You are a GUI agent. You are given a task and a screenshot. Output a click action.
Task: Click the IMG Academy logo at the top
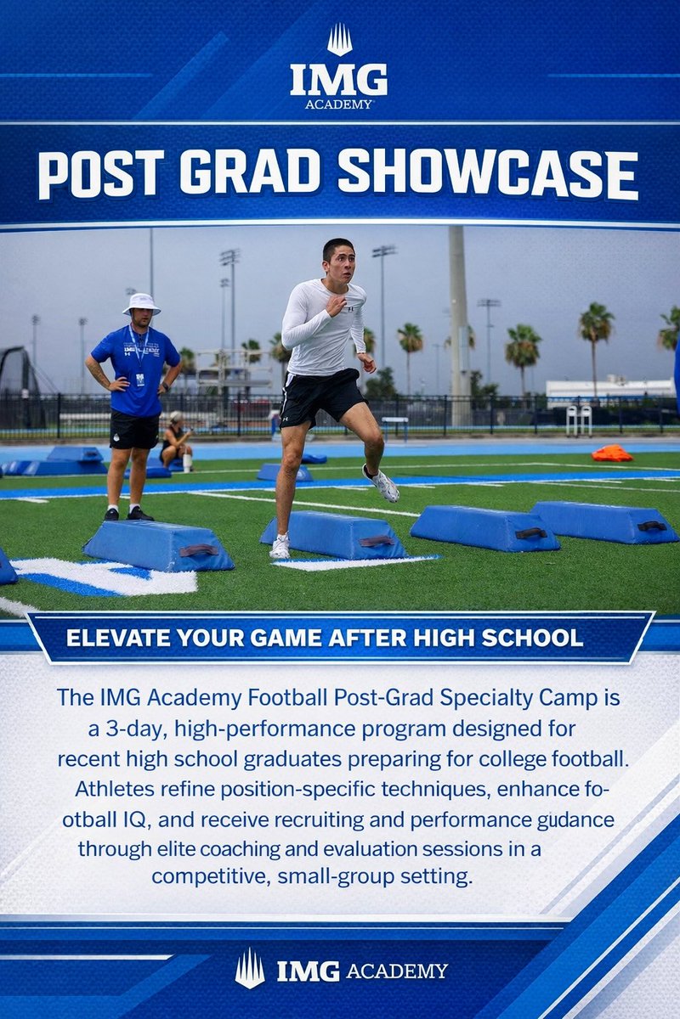339,68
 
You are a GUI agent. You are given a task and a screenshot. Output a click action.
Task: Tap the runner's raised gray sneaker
382,484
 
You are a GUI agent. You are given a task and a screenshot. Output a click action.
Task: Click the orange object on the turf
612,453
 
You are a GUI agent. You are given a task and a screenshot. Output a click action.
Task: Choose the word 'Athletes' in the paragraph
107,788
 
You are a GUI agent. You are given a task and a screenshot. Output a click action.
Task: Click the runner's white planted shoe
280,548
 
